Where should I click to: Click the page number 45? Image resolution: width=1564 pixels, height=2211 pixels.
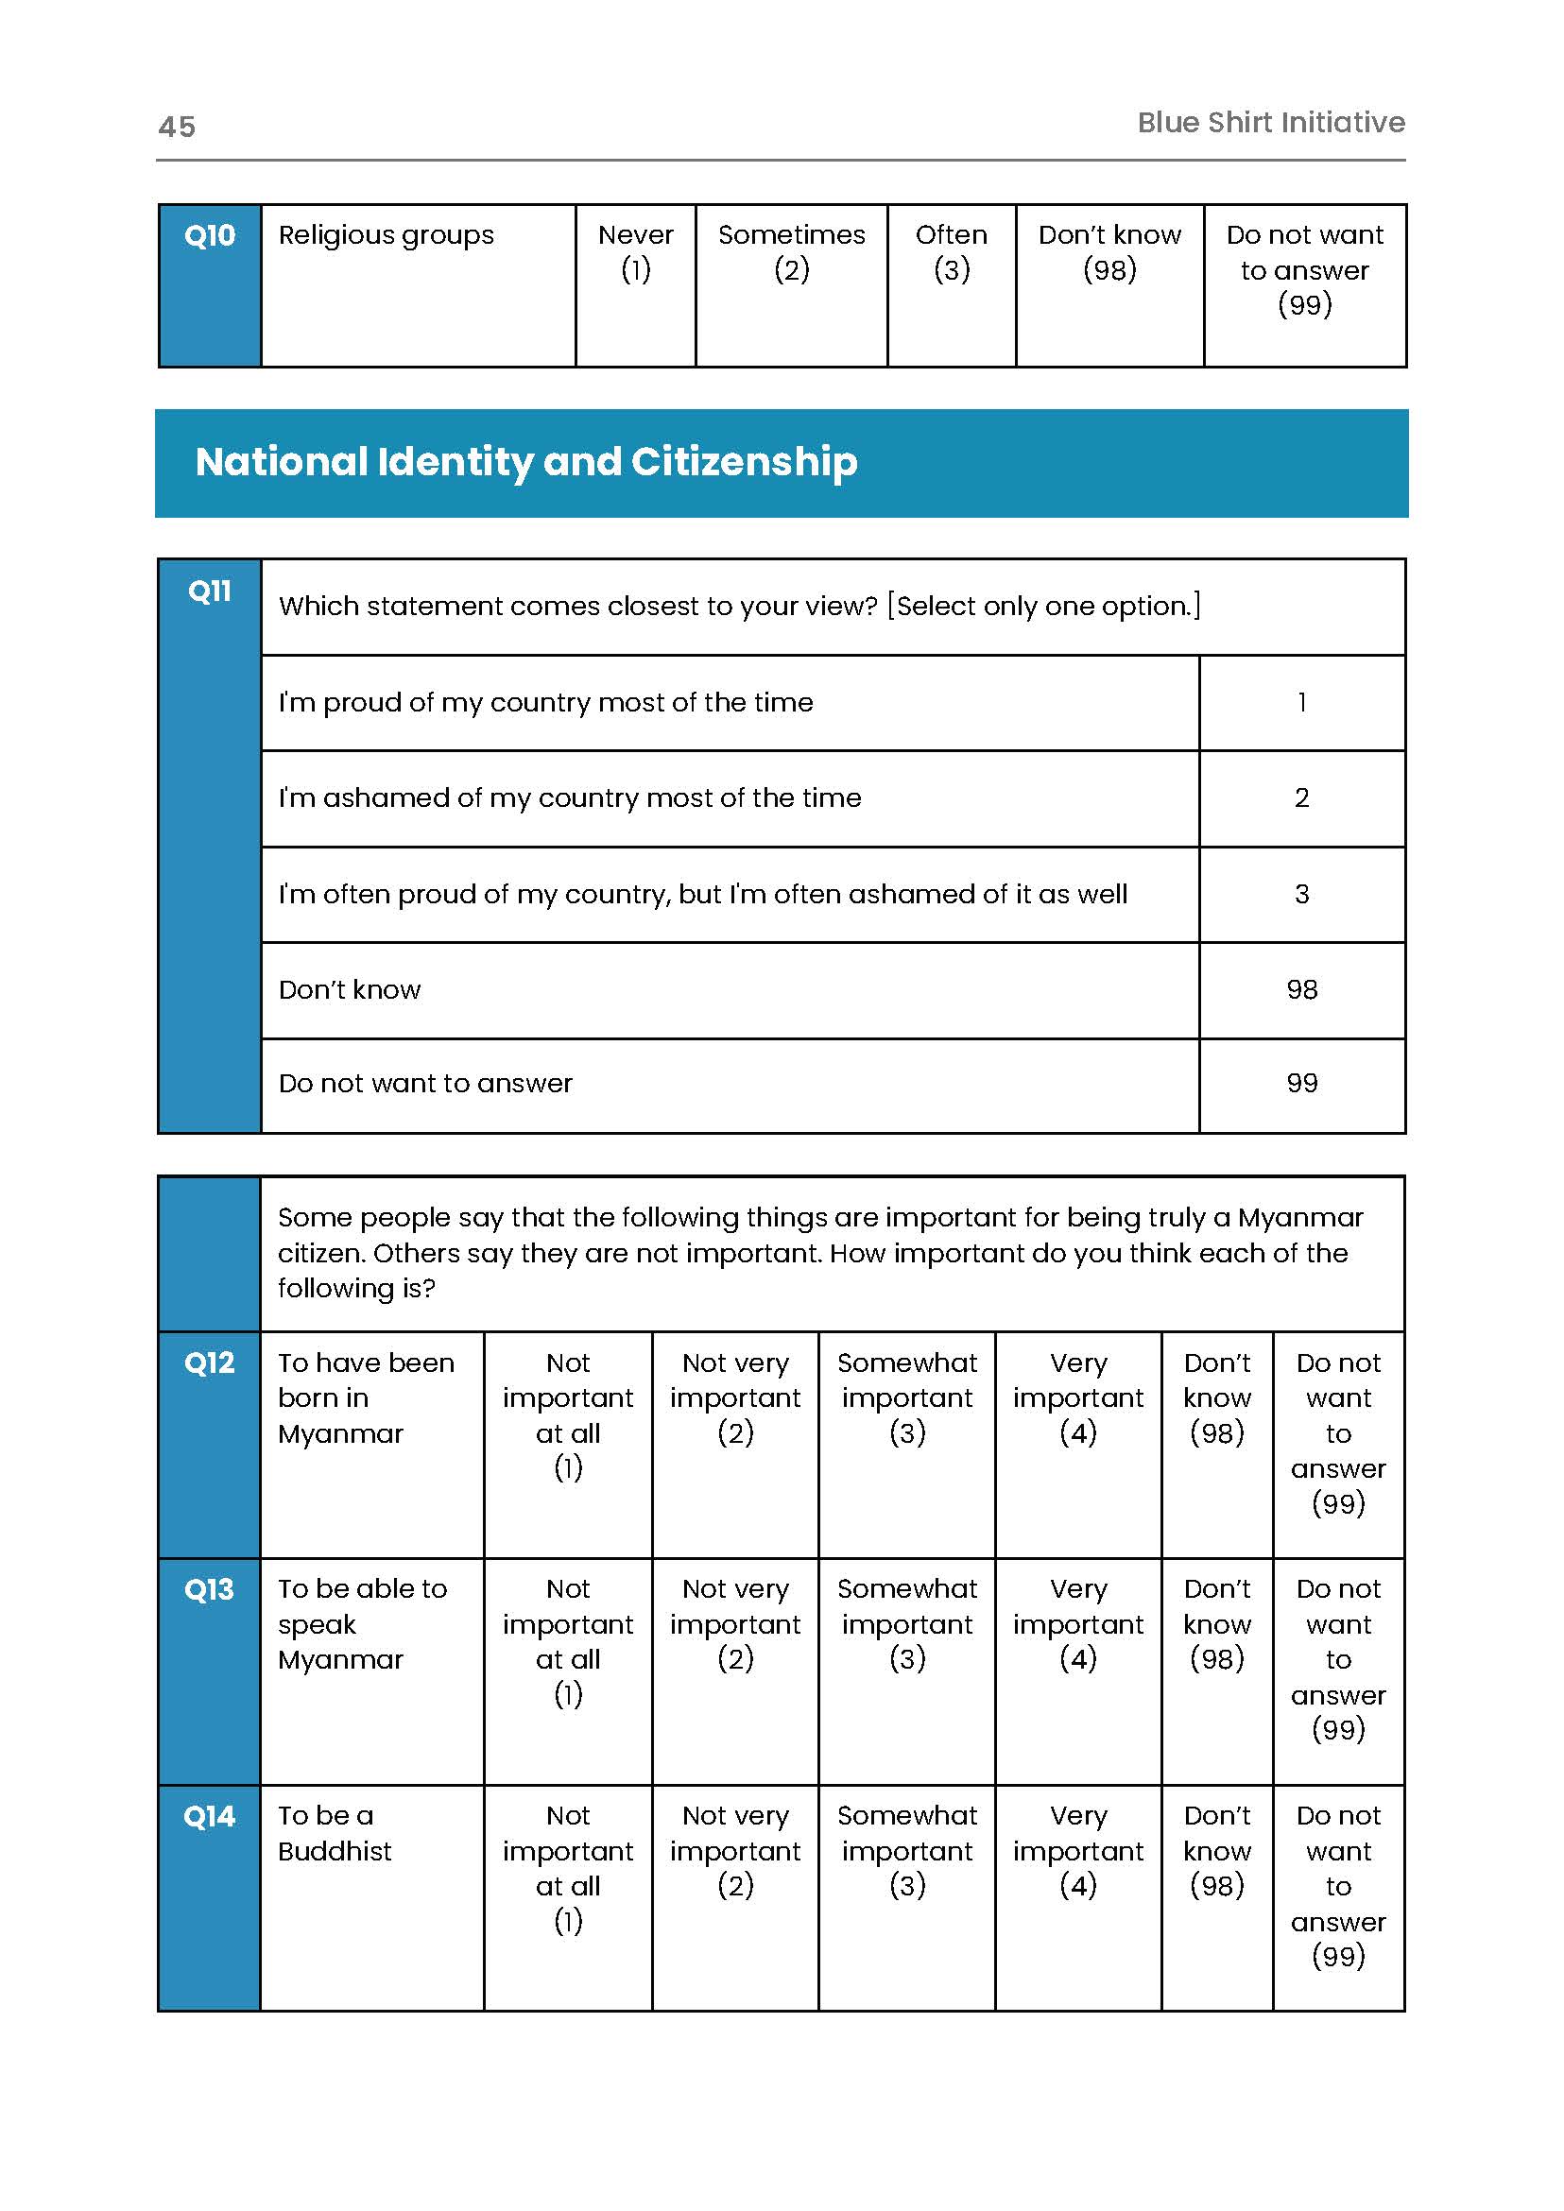[x=178, y=127]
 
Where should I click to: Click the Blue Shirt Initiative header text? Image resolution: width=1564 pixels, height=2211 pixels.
[x=1270, y=122]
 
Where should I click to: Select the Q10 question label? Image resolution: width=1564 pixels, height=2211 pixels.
[x=210, y=236]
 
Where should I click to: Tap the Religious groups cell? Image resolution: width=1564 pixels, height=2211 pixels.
[x=387, y=236]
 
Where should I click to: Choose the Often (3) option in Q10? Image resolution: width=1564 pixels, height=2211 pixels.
[x=952, y=252]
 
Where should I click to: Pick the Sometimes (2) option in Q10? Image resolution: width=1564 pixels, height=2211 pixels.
[x=792, y=252]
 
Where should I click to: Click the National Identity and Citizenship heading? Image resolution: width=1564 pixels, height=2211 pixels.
[x=525, y=462]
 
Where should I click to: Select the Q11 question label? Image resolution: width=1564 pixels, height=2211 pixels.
[x=210, y=591]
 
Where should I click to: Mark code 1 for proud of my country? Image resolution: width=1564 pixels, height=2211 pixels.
[x=1302, y=703]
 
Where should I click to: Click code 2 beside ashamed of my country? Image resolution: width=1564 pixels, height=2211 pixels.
[x=1302, y=798]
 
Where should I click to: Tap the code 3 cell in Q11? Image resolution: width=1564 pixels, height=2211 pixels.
[x=1302, y=895]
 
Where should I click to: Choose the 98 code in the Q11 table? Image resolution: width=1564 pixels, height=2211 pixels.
[x=1302, y=990]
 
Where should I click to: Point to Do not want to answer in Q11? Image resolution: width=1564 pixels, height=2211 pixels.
[x=425, y=1085]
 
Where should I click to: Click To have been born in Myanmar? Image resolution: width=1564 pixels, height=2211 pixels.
[x=366, y=1398]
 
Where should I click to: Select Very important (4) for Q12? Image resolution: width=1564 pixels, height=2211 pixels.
[x=1078, y=1398]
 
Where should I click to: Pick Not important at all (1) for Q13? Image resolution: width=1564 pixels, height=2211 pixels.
[x=568, y=1641]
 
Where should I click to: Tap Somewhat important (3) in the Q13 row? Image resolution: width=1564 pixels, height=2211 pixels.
[x=907, y=1623]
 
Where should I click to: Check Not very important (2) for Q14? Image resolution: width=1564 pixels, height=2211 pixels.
[x=736, y=1851]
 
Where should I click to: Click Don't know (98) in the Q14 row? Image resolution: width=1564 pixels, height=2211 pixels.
[x=1217, y=1851]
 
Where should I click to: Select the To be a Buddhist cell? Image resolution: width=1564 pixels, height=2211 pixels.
[x=335, y=1833]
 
